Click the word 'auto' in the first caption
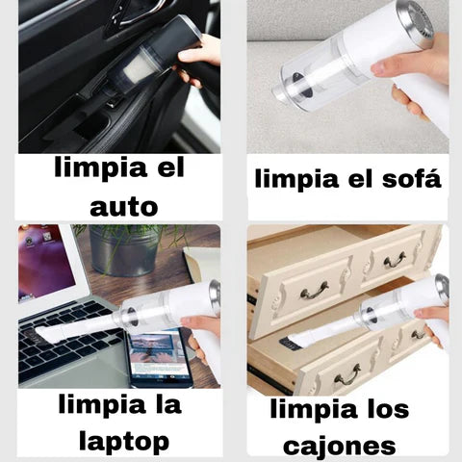coord(123,205)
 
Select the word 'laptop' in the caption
coord(126,442)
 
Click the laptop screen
coord(43,261)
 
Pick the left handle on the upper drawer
coord(313,289)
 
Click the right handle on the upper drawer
coord(395,259)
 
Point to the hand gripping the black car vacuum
coord(202,58)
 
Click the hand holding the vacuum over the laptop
coord(204,332)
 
